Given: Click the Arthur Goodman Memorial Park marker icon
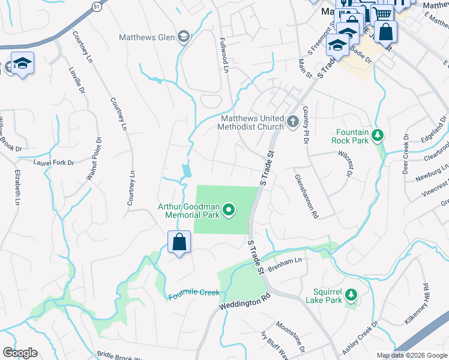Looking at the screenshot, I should click(229, 209).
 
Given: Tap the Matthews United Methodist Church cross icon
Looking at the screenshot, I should click(293, 122).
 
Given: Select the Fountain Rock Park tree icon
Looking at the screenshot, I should click(378, 135).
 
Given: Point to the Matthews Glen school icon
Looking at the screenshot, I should click(184, 37).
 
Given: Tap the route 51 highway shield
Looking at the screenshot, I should click(97, 5).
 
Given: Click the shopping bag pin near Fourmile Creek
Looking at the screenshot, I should click(179, 243).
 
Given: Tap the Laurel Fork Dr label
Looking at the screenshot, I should click(53, 163).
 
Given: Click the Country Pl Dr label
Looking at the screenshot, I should click(305, 124).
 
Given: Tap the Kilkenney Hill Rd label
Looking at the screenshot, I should click(425, 303).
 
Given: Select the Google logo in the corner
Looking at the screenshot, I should click(19, 353).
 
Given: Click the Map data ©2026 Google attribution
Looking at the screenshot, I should click(411, 355).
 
